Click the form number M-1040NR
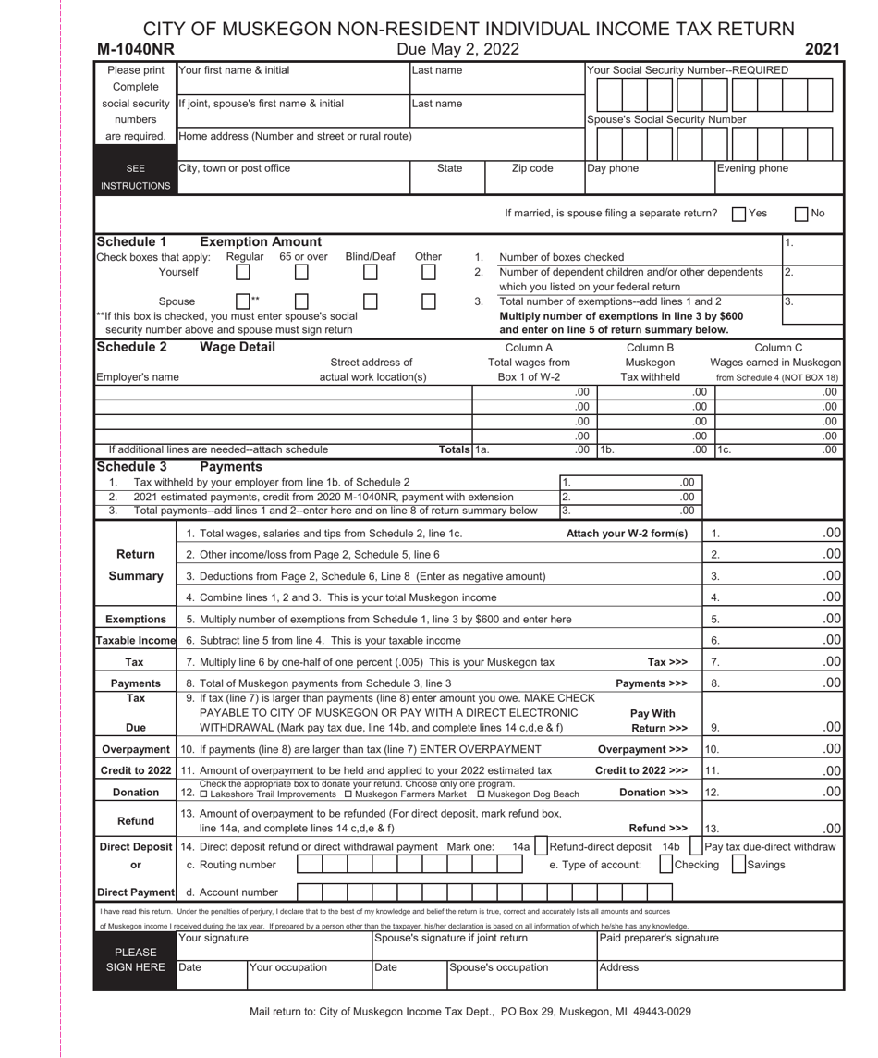click(x=138, y=48)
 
